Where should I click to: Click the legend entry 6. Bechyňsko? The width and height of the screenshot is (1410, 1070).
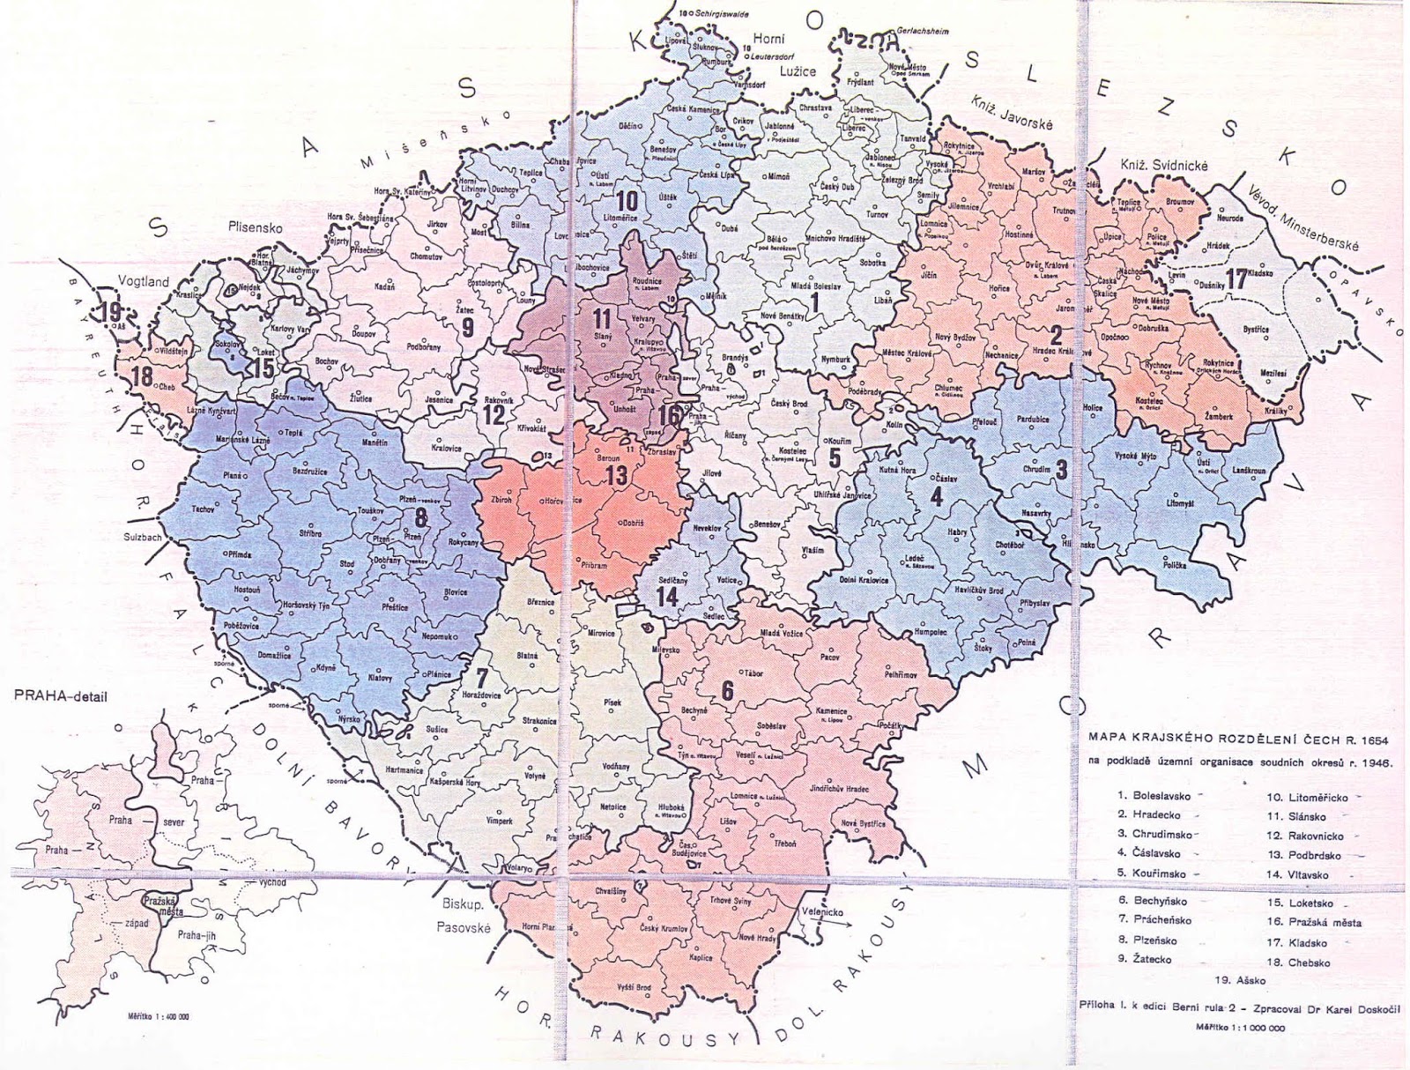[1152, 901]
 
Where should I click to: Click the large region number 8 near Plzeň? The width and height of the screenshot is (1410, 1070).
[422, 518]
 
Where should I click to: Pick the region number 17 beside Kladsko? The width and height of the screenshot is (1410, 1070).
[1236, 279]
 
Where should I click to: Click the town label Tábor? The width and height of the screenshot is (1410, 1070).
[753, 672]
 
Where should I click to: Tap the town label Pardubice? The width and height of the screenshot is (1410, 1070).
[1032, 420]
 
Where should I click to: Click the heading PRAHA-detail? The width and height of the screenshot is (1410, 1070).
[60, 696]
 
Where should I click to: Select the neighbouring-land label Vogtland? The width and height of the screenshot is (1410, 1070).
[144, 282]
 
